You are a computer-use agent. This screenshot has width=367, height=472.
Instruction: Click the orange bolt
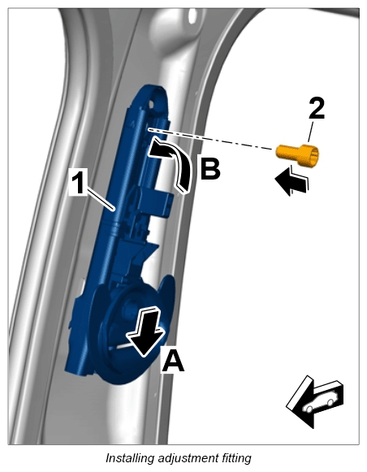pyautogui.click(x=297, y=154)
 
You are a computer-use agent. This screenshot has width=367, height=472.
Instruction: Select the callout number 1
pyautogui.click(x=79, y=183)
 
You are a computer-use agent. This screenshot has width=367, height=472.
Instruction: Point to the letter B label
pyautogui.click(x=210, y=167)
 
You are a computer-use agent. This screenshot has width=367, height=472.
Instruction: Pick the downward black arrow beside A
pyautogui.click(x=146, y=331)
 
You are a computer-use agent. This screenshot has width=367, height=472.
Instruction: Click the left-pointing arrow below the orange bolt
pyautogui.click(x=291, y=180)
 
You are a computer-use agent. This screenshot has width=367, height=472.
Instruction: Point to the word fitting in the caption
pyautogui.click(x=236, y=458)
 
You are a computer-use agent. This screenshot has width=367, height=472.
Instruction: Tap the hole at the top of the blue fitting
pyautogui.click(x=151, y=104)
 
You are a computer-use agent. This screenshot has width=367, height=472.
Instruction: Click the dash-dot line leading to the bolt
pyautogui.click(x=211, y=139)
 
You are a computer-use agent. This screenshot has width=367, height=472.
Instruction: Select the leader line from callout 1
pyautogui.click(x=100, y=198)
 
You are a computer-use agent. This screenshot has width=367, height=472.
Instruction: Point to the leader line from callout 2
pyautogui.click(x=310, y=131)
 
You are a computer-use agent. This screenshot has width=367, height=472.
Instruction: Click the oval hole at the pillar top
pyautogui.click(x=192, y=15)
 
